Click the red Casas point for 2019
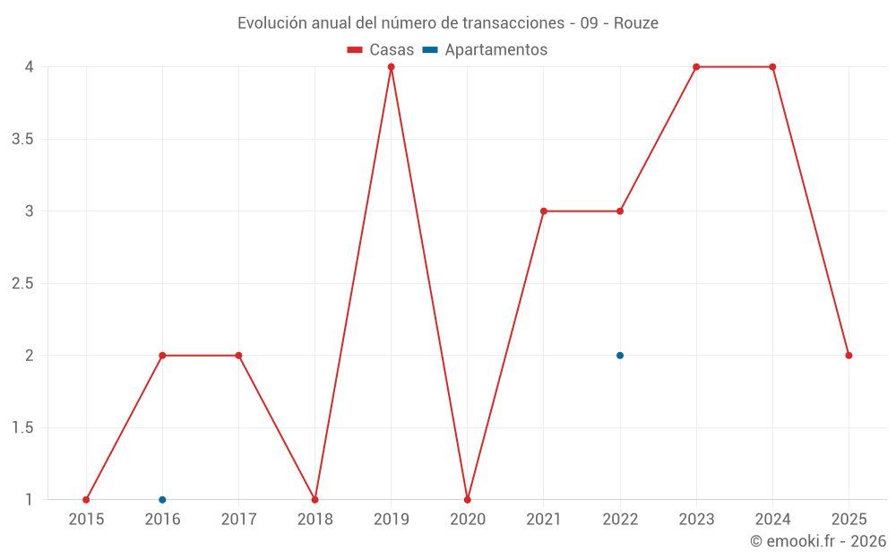pyautogui.click(x=391, y=67)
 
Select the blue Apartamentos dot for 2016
pyautogui.click(x=162, y=500)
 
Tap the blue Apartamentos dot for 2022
pyautogui.click(x=620, y=356)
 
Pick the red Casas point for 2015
pyautogui.click(x=86, y=500)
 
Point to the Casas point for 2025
pyautogui.click(x=849, y=356)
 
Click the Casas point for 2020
pyautogui.click(x=468, y=500)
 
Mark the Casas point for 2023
pyautogui.click(x=696, y=67)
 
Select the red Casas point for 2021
pyautogui.click(x=544, y=211)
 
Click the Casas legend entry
pyautogui.click(x=381, y=50)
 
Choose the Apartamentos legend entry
pyautogui.click(x=485, y=50)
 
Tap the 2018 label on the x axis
pyautogui.click(x=314, y=519)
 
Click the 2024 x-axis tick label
pyautogui.click(x=772, y=519)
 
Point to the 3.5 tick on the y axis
pyautogui.click(x=23, y=139)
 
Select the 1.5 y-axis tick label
pyautogui.click(x=23, y=427)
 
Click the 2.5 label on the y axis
pyautogui.click(x=23, y=283)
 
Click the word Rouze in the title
pyautogui.click(x=636, y=23)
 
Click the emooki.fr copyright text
pyautogui.click(x=818, y=541)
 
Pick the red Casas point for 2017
pyautogui.click(x=238, y=356)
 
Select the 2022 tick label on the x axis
pyautogui.click(x=620, y=519)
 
